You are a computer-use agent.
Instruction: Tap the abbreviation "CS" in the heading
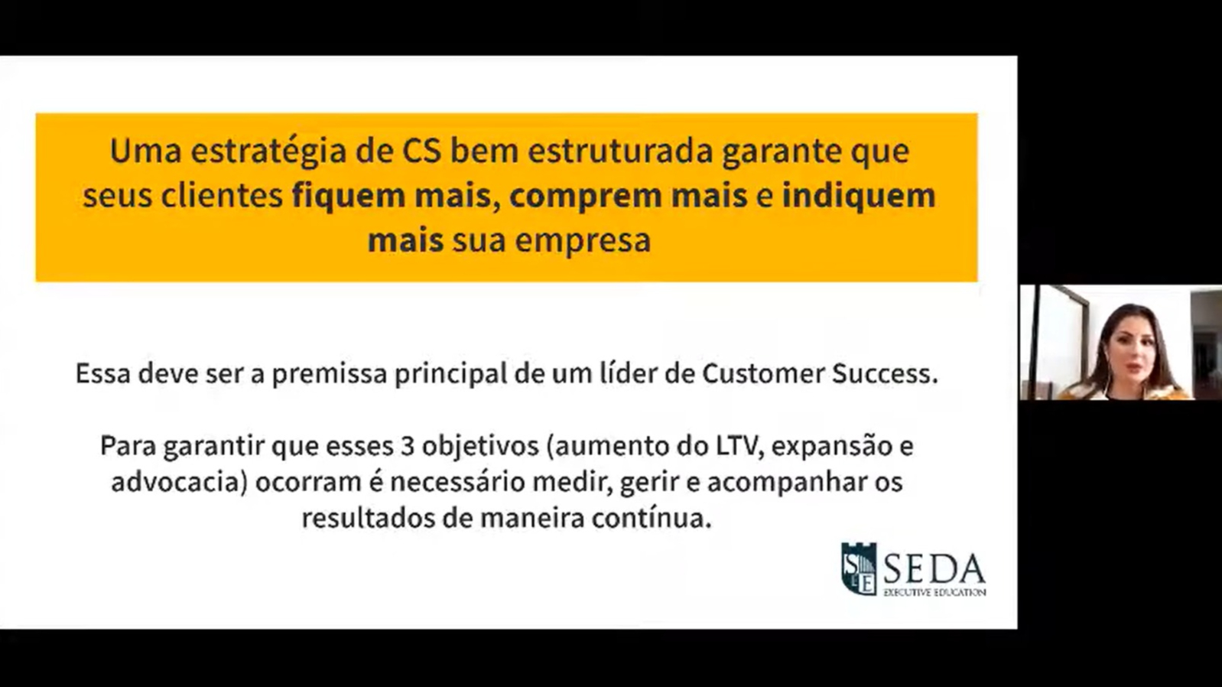[x=421, y=151]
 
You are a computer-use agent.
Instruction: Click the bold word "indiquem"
[x=858, y=196]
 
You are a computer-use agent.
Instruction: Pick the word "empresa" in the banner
[x=582, y=240]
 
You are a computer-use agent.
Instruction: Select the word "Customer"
[x=763, y=373]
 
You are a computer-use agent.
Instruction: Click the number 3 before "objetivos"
[x=408, y=445]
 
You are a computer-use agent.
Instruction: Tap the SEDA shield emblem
[x=858, y=569]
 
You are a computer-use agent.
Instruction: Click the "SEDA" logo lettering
[x=934, y=568]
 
